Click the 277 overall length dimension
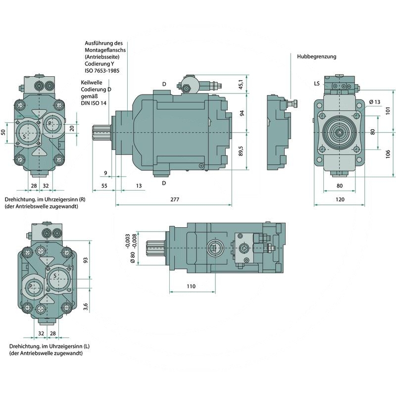173,199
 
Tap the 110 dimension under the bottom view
191,286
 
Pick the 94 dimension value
242,113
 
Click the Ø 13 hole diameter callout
375,102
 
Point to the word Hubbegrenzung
316,56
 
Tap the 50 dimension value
3,132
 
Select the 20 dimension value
72,128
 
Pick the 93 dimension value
86,260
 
